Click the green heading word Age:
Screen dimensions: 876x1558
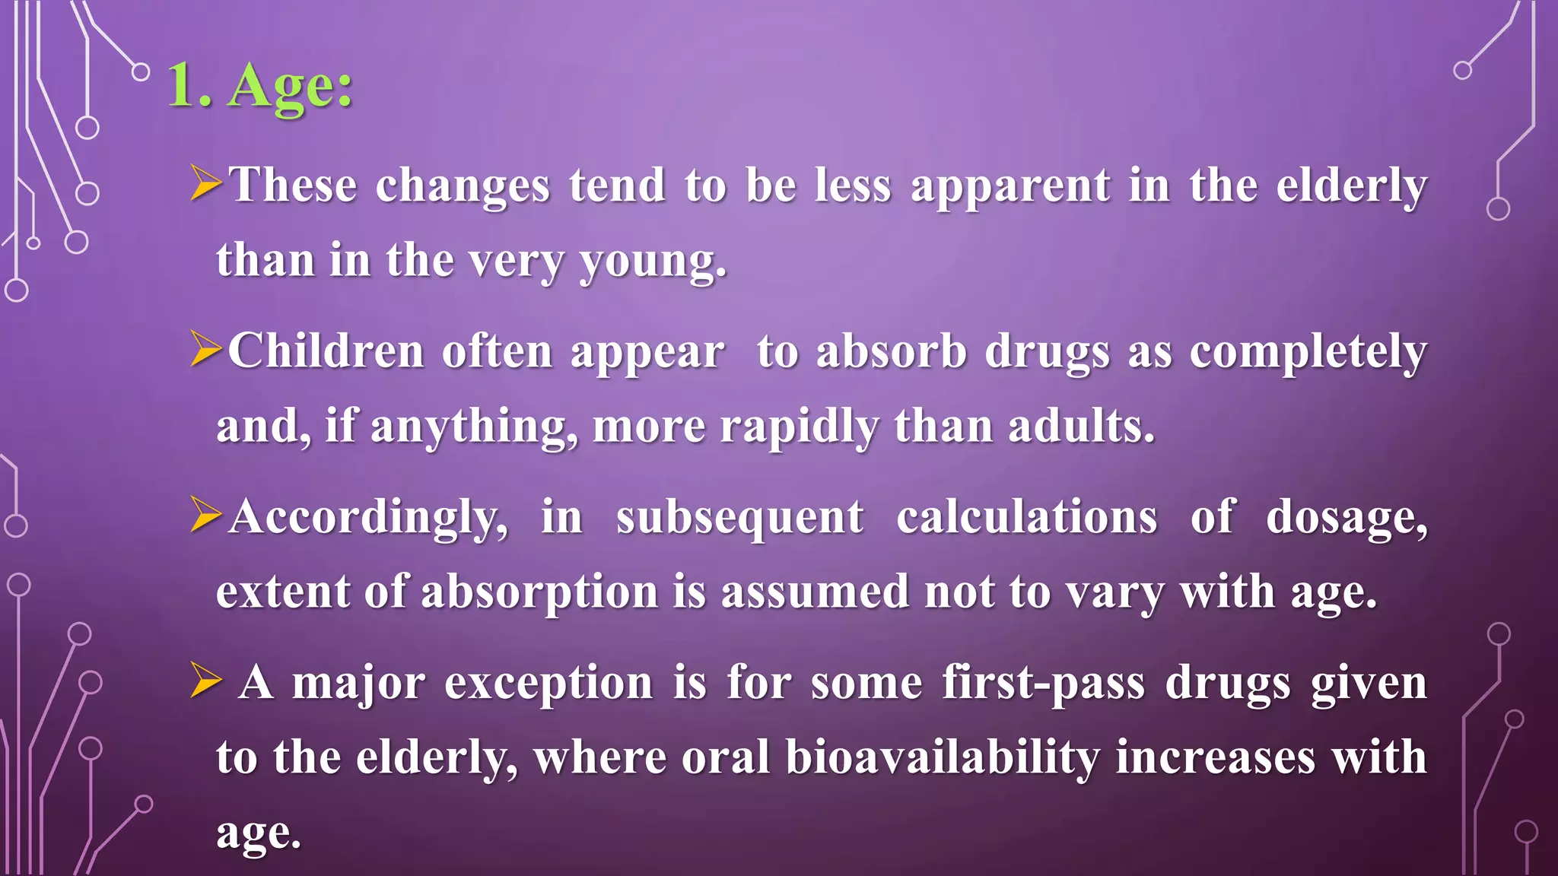point(291,87)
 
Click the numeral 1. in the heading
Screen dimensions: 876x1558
point(189,87)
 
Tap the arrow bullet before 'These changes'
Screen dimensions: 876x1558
point(206,185)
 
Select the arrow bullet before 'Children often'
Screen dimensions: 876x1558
point(206,351)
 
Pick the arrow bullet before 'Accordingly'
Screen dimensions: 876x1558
point(206,516)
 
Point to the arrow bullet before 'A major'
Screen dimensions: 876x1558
point(206,681)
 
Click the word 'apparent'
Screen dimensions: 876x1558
point(1010,187)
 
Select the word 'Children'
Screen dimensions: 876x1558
point(326,351)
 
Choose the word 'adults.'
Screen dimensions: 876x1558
point(1081,426)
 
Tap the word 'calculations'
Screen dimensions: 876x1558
point(1027,517)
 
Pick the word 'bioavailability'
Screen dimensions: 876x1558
point(943,759)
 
